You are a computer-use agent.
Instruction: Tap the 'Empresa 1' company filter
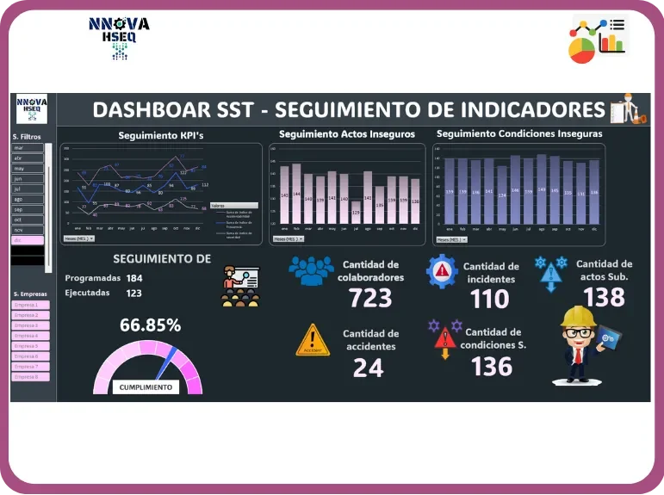tap(31, 305)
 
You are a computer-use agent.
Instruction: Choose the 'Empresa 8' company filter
tap(31, 377)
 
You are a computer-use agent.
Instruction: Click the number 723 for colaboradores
tap(370, 298)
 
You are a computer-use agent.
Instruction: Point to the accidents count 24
tap(369, 368)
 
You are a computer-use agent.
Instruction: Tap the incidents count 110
tap(491, 299)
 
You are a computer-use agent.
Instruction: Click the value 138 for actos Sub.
tap(604, 296)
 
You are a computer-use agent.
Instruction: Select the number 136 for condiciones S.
tap(491, 366)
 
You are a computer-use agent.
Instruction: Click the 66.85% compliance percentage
tap(150, 325)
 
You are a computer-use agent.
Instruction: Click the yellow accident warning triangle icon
tap(312, 340)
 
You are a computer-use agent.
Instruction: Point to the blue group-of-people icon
tap(311, 270)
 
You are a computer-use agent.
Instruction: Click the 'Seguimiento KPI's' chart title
tap(161, 135)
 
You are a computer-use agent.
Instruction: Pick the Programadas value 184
tap(134, 278)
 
